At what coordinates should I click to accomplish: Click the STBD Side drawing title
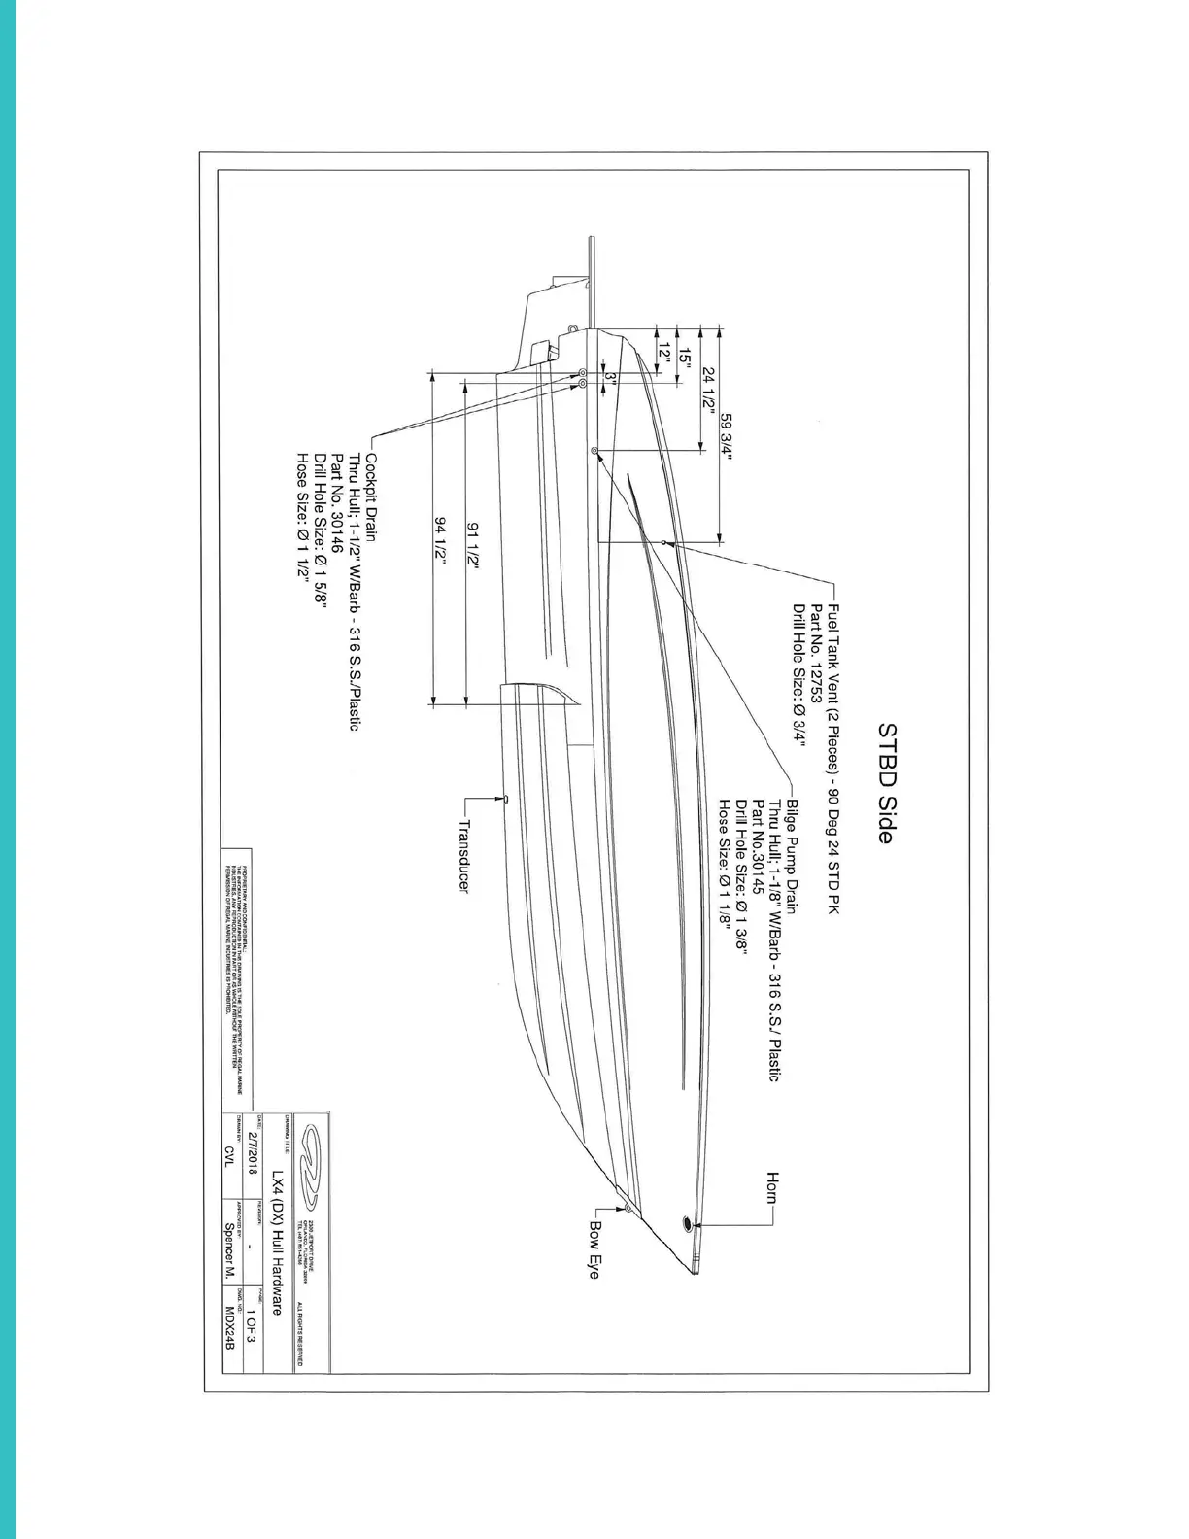[885, 782]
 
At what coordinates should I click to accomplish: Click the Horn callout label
[773, 1187]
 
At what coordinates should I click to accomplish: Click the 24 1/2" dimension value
[709, 390]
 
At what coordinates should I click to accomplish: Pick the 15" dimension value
[685, 359]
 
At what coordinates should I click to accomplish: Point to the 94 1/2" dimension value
[440, 539]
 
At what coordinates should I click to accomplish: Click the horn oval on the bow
[688, 1223]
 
